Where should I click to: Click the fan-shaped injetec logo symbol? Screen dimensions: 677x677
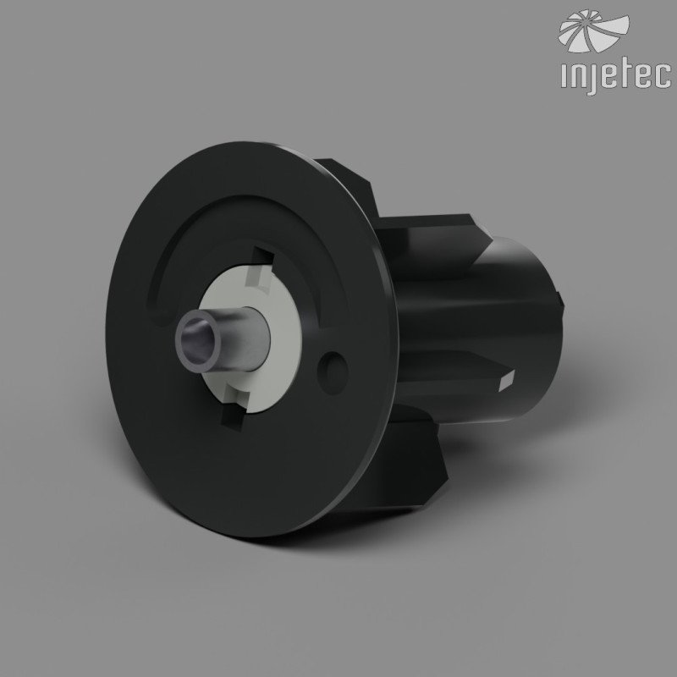[x=593, y=30]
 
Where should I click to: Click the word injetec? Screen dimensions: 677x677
[x=616, y=78]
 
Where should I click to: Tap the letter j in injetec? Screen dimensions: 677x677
[x=591, y=79]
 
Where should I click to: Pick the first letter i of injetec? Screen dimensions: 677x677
[x=563, y=76]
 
